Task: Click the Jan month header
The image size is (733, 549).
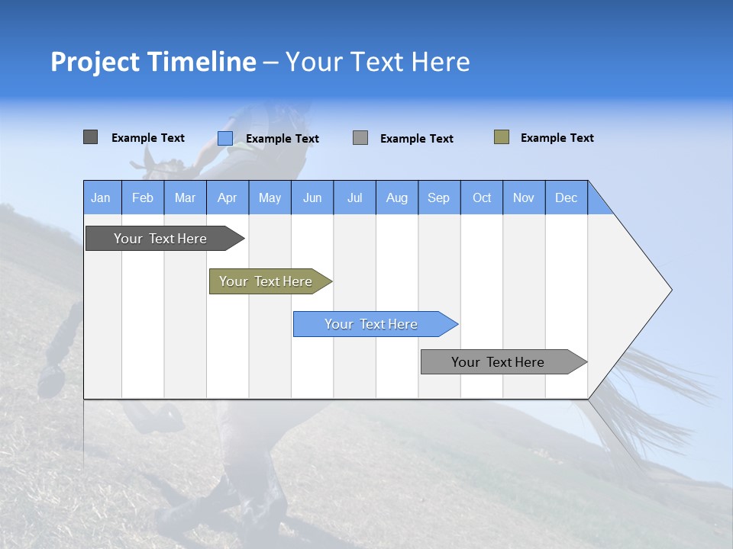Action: click(101, 197)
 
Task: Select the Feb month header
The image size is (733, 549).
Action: click(143, 197)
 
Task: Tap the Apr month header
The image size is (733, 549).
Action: click(227, 197)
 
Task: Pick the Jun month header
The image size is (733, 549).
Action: click(312, 197)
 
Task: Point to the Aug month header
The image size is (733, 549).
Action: click(396, 197)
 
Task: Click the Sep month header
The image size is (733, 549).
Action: click(438, 197)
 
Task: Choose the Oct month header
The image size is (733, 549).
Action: click(482, 197)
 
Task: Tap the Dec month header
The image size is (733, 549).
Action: click(566, 197)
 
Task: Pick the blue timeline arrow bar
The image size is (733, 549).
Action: click(372, 324)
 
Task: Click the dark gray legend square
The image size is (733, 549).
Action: click(90, 137)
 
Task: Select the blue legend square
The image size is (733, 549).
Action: click(224, 138)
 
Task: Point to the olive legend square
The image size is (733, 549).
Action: click(501, 137)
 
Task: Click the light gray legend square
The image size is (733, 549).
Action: click(360, 138)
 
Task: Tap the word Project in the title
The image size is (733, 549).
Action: click(94, 62)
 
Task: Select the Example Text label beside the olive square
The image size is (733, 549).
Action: click(557, 138)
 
